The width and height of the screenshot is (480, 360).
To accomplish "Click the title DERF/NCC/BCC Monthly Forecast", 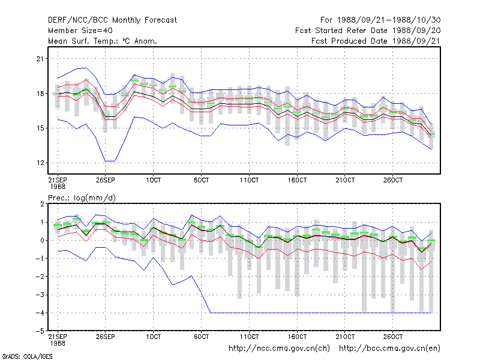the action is (x=112, y=20).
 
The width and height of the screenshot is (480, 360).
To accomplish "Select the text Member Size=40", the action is (x=80, y=31).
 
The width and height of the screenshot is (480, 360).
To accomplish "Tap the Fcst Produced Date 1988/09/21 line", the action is (x=376, y=41).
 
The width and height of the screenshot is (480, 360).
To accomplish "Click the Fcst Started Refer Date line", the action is (x=368, y=31).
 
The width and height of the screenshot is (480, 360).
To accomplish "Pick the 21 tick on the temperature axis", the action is (x=40, y=58).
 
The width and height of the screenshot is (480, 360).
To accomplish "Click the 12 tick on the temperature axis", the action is (x=40, y=163).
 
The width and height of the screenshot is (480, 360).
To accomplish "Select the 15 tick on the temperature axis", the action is (x=40, y=128).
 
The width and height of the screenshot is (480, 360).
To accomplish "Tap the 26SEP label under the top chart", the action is (x=106, y=180).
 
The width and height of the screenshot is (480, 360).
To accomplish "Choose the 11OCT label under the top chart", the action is (x=249, y=180).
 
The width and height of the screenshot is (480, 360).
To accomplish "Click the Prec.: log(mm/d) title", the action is (x=82, y=198).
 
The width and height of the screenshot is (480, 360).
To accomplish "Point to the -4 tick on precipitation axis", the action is (x=40, y=313).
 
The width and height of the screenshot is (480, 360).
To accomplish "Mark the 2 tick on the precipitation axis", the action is (x=42, y=204).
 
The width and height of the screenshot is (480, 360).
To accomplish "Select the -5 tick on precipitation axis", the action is (x=40, y=331).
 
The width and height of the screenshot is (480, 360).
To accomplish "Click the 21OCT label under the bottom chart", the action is (x=345, y=337).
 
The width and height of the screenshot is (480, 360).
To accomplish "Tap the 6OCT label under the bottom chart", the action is (x=202, y=337).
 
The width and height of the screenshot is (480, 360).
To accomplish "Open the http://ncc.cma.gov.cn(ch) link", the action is (x=279, y=349).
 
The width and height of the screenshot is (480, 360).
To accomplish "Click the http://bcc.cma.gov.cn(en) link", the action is (x=389, y=349).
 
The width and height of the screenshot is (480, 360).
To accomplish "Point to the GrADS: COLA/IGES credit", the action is (x=27, y=356).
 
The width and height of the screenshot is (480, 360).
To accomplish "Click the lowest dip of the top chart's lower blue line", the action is (x=110, y=161).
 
